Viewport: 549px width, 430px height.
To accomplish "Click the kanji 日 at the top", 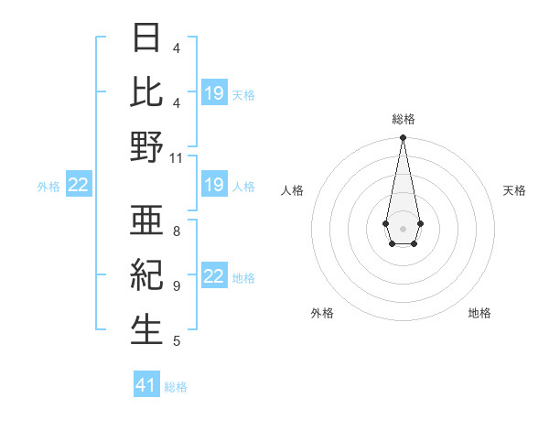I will pyautogui.click(x=147, y=38).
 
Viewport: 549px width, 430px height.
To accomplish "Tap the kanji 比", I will pyautogui.click(x=147, y=91).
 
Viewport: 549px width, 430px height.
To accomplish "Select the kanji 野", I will pyautogui.click(x=147, y=147).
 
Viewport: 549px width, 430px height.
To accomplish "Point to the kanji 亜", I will pyautogui.click(x=147, y=220).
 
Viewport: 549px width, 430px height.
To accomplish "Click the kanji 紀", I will pyautogui.click(x=147, y=274).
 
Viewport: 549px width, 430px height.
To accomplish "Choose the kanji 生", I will pyautogui.click(x=147, y=330).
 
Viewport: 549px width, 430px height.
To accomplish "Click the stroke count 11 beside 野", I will pyautogui.click(x=177, y=157).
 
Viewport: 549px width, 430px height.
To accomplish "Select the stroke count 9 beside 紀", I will pyautogui.click(x=177, y=285).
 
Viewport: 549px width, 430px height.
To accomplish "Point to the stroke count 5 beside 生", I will pyautogui.click(x=177, y=341).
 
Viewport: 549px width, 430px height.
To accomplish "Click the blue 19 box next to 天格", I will pyautogui.click(x=213, y=92).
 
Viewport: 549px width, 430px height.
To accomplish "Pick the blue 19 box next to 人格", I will pyautogui.click(x=213, y=186).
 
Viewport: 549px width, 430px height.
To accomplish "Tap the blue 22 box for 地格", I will pyautogui.click(x=213, y=276).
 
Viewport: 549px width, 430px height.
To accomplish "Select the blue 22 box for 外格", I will pyautogui.click(x=78, y=186).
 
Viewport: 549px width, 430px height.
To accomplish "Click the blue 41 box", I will pyautogui.click(x=146, y=385).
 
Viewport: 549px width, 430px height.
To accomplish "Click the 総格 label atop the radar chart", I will pyautogui.click(x=403, y=119).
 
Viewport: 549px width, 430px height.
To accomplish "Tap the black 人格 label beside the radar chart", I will pyautogui.click(x=293, y=190).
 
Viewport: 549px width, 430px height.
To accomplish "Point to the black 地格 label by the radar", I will pyautogui.click(x=479, y=313).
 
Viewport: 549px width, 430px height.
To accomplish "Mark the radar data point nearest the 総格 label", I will pyautogui.click(x=403, y=138).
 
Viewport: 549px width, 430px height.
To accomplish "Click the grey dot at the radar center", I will pyautogui.click(x=403, y=228).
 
